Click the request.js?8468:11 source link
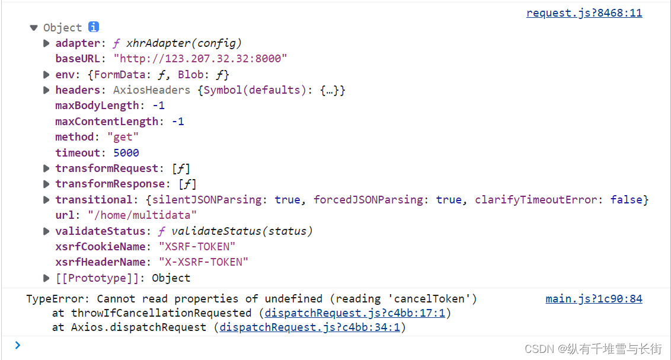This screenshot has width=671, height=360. pos(584,13)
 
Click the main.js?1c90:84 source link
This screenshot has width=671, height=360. pos(593,299)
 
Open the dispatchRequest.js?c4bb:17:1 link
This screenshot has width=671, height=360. pos(354,313)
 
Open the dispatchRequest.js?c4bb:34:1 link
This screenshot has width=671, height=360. pos(310,327)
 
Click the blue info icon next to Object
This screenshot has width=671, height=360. pos(94,27)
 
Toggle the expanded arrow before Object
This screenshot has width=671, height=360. pos(34,28)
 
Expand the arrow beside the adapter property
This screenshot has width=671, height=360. pos(46,43)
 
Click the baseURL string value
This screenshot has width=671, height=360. pos(200,59)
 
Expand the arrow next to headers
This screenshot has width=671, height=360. pos(46,90)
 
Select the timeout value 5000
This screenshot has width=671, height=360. pos(126,153)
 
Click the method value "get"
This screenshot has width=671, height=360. pos(123,137)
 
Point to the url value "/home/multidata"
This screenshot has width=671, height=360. pos(142,215)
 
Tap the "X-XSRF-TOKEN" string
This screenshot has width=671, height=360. pos(203,262)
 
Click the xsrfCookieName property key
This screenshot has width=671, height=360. pos(101,247)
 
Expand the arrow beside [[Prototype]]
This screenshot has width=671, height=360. pos(46,278)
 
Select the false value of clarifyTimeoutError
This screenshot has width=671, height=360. pos(626,200)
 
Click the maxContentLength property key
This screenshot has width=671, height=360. pos(107,122)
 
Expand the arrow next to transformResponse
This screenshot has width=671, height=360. pos(46,184)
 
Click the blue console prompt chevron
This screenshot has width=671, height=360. pos(18,345)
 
